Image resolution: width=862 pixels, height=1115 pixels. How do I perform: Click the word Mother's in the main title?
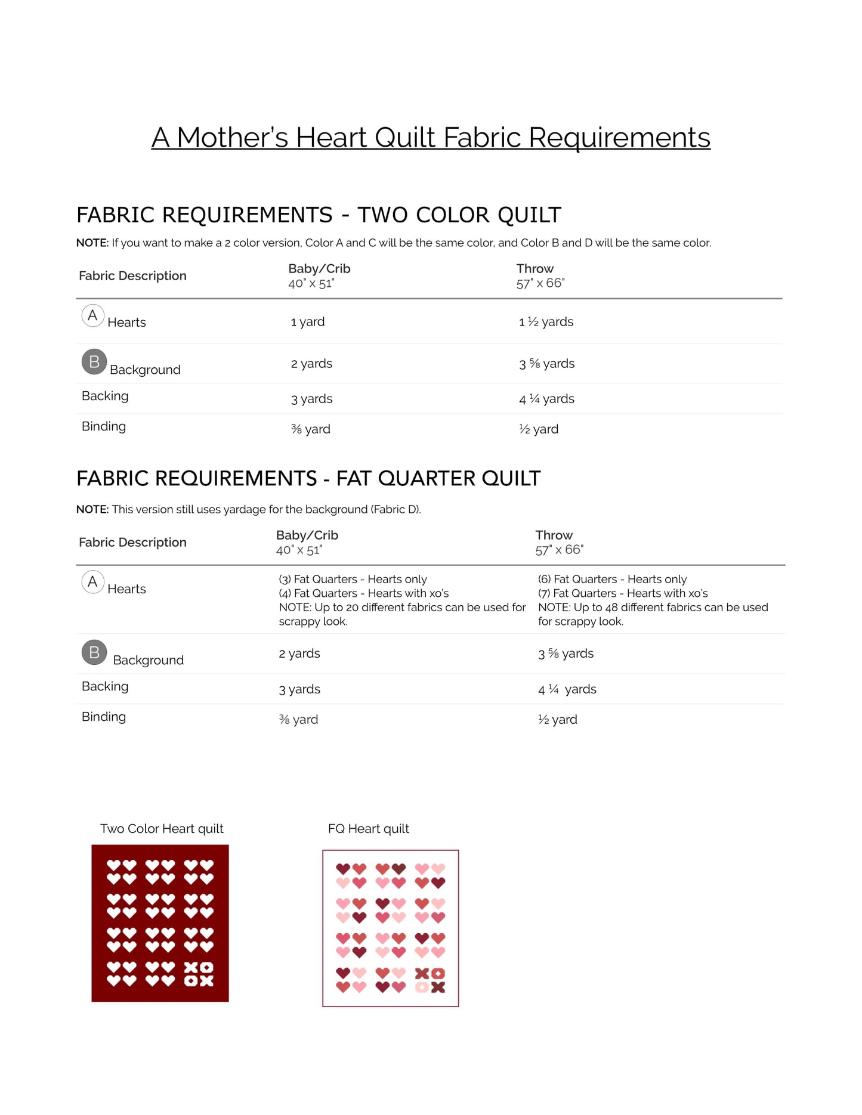[x=232, y=138]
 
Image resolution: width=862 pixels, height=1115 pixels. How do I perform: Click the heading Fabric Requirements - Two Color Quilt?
[x=319, y=215]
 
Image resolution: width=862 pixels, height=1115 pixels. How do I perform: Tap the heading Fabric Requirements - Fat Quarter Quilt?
[x=308, y=478]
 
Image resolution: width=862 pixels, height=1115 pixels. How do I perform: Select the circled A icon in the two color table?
[x=92, y=315]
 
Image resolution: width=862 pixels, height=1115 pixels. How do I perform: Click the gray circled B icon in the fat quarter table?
[x=94, y=652]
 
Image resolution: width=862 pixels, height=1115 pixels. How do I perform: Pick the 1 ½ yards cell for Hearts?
[x=546, y=322]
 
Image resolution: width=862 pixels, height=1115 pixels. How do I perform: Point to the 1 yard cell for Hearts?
[x=308, y=322]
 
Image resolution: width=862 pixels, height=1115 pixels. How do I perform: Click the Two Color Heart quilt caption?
[x=162, y=829]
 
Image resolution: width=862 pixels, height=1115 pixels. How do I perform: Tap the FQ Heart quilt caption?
[x=368, y=829]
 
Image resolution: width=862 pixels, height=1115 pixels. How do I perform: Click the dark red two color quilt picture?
[x=160, y=923]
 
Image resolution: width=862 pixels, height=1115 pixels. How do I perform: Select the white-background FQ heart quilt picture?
[x=390, y=928]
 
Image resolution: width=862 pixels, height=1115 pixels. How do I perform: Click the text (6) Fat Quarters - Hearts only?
[x=612, y=579]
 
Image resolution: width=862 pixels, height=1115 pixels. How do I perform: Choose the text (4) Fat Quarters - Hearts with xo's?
[x=363, y=593]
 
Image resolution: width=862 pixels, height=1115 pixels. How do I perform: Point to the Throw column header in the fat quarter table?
[x=554, y=535]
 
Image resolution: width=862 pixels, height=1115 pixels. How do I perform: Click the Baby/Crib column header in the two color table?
[x=319, y=269]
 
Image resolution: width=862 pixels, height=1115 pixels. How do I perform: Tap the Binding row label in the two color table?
[x=104, y=426]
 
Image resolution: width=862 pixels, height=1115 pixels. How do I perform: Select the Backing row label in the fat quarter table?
[x=105, y=686]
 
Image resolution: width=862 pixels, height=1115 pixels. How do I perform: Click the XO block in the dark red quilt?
[x=199, y=974]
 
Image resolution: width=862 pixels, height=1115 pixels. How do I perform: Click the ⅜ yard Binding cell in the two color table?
[x=310, y=429]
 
